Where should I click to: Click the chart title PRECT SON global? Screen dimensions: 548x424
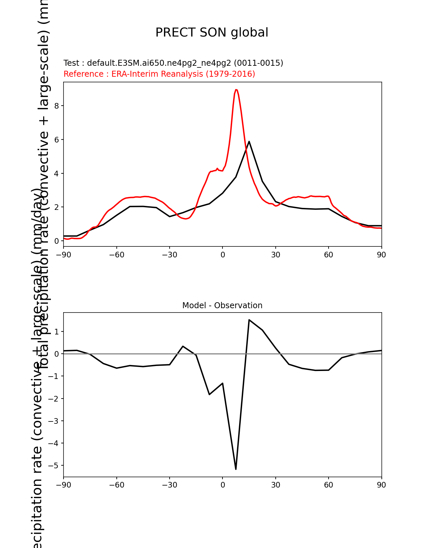pos(212,33)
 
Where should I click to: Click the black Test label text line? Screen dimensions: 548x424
pos(173,63)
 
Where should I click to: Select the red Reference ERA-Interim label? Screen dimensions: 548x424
pos(159,74)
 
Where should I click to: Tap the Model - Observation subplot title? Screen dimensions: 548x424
pos(222,306)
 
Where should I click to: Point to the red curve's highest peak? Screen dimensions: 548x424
pos(236,90)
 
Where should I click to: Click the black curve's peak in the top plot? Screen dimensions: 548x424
pos(249,141)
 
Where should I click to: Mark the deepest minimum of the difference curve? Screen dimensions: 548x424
pos(236,469)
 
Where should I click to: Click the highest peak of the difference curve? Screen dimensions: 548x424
pos(249,320)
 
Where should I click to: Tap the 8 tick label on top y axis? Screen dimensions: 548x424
pos(57,106)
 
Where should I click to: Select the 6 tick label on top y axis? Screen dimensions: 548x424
pos(57,140)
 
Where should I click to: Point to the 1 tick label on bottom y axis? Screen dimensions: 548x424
pos(57,332)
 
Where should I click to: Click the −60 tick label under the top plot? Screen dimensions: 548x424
pos(116,255)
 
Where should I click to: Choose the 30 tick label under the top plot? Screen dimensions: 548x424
pos(275,255)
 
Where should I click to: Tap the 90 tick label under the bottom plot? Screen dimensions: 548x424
pos(381,485)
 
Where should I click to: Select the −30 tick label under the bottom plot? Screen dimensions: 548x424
pos(169,485)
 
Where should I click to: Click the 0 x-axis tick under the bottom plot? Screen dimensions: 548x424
pos(222,485)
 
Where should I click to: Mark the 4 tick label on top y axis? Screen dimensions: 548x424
pos(57,174)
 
